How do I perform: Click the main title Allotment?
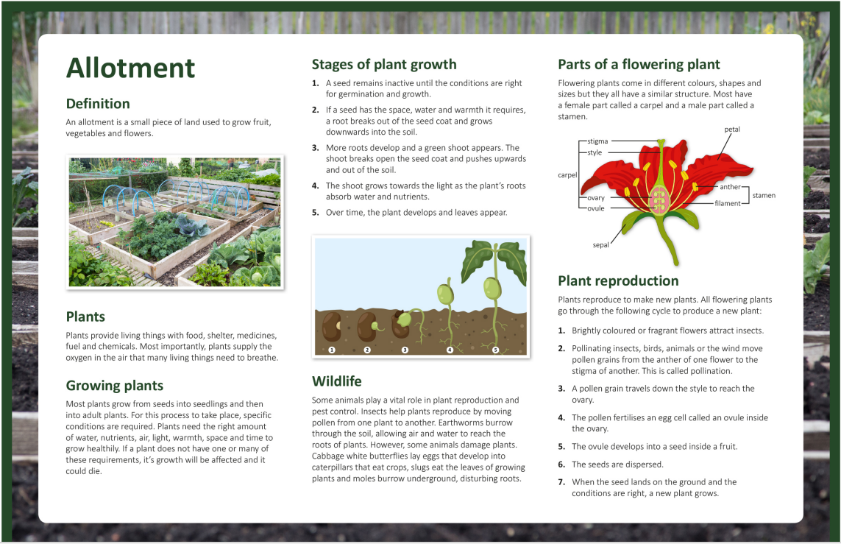(130, 68)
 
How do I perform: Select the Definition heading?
(98, 104)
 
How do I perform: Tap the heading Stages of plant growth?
(384, 65)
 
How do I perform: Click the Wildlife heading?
(337, 381)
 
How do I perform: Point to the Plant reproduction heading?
(618, 281)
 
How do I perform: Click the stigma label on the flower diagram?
(597, 141)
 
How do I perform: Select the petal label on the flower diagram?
(732, 130)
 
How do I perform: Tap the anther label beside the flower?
(730, 187)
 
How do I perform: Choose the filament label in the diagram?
(727, 203)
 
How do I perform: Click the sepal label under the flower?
(600, 245)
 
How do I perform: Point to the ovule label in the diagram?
(596, 208)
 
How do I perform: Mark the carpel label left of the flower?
(567, 175)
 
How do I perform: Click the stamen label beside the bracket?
(764, 195)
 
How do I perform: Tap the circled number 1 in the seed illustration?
(331, 350)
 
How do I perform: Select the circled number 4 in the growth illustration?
(450, 350)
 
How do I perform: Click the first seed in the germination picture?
(331, 326)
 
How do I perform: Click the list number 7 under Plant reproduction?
(561, 482)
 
